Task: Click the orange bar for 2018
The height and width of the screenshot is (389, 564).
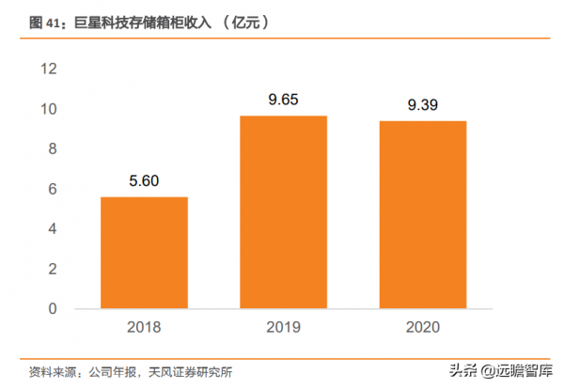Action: (144, 253)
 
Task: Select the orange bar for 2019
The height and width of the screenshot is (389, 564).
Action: (283, 212)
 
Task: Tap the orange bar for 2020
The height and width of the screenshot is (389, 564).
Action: (422, 215)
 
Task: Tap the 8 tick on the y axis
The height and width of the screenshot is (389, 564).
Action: (53, 148)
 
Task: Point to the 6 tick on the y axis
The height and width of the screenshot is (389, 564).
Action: (53, 189)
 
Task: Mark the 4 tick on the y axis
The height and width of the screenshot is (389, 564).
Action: (53, 228)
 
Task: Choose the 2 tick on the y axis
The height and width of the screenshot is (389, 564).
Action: (53, 269)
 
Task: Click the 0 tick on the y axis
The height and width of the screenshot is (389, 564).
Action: (53, 308)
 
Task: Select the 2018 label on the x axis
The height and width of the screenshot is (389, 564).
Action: (144, 328)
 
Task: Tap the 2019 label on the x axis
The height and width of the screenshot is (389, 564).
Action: (283, 328)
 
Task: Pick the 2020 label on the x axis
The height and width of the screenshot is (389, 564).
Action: (422, 328)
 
